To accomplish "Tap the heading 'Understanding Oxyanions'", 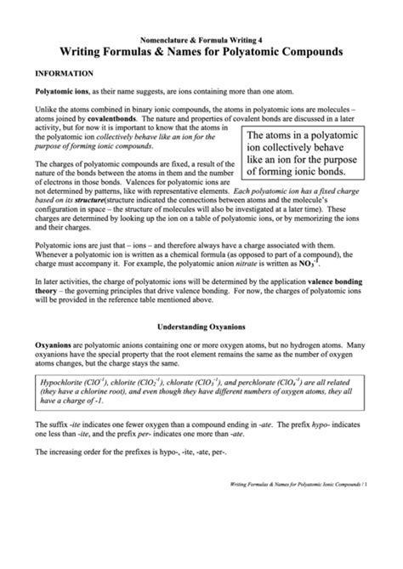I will pyautogui.click(x=201, y=326).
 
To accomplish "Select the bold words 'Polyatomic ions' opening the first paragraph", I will pyautogui.click(x=61, y=89).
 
